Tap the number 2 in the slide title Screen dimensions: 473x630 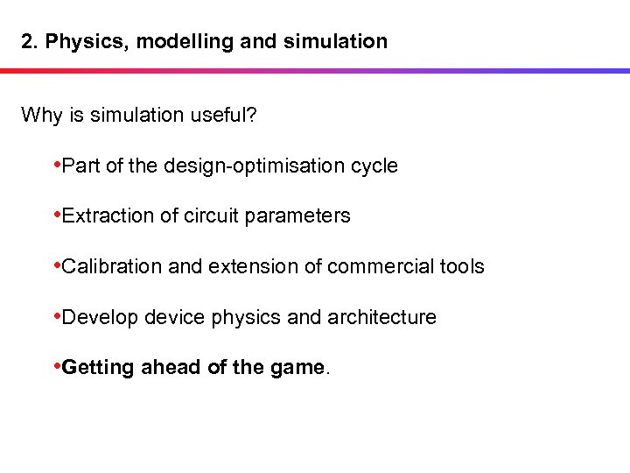pyautogui.click(x=27, y=41)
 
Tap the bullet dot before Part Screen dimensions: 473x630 pyautogui.click(x=57, y=165)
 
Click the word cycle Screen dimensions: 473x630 pyautogui.click(x=374, y=166)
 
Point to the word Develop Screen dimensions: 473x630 pyautogui.click(x=101, y=317)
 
